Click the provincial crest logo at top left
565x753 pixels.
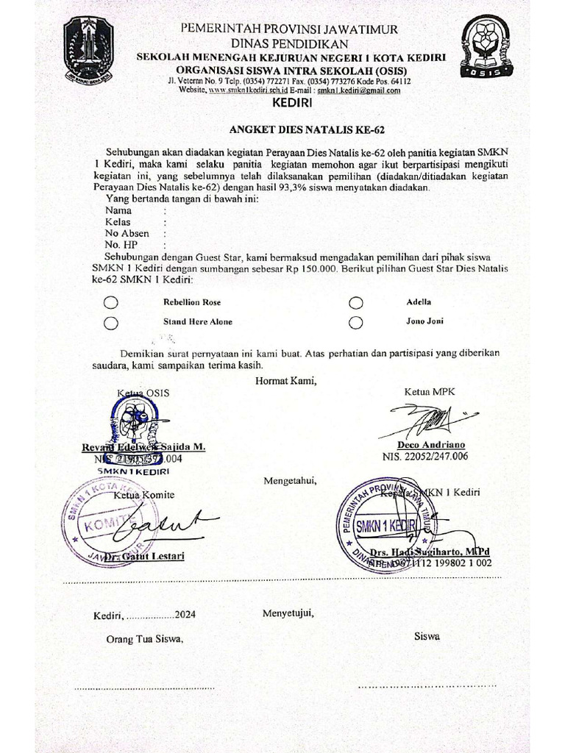click(88, 49)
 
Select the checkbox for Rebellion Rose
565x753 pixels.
click(111, 302)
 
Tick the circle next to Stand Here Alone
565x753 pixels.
click(111, 322)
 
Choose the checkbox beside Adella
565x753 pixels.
click(356, 302)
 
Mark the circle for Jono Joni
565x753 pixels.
click(356, 322)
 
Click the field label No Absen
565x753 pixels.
click(127, 233)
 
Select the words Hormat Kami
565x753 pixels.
click(285, 380)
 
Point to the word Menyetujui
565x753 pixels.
click(288, 613)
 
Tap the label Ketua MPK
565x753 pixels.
click(430, 392)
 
